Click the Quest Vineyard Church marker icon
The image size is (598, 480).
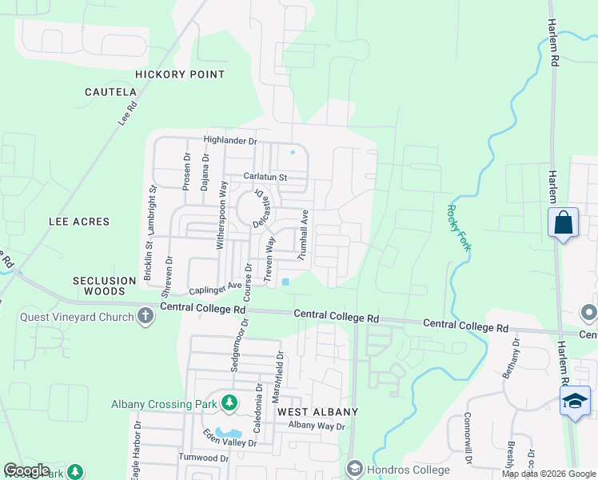tap(146, 316)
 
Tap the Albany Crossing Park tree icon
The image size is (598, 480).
tap(229, 403)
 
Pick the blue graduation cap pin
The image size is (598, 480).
tap(575, 401)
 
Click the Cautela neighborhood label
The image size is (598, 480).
tap(111, 92)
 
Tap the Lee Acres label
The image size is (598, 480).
tap(78, 221)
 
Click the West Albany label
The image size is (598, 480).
tap(317, 411)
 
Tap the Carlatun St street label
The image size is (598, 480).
tap(265, 176)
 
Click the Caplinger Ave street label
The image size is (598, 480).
tap(215, 287)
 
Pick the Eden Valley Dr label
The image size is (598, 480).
tap(229, 438)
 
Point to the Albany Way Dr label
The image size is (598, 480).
tap(316, 426)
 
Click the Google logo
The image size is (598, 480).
tap(26, 470)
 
